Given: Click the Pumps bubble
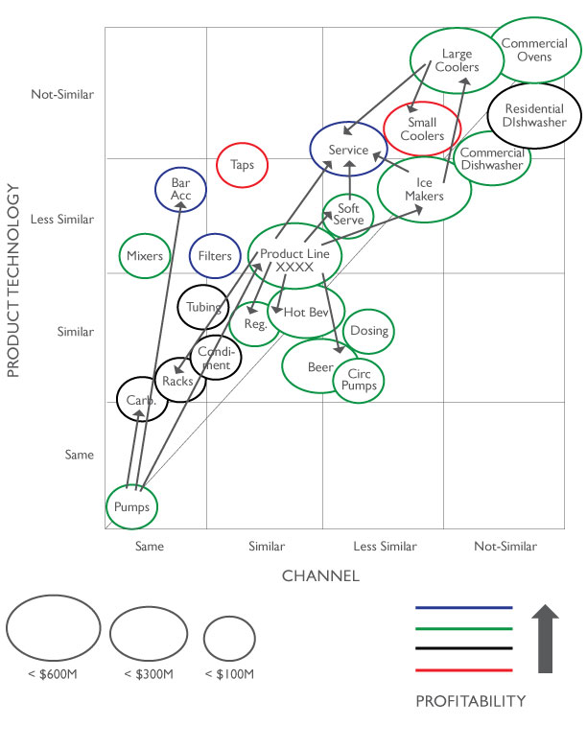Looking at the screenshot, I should pyautogui.click(x=131, y=506).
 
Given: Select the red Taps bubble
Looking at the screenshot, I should pyautogui.click(x=242, y=165).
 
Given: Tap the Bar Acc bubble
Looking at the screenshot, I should pyautogui.click(x=181, y=189).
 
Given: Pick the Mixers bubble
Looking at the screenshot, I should pyautogui.click(x=145, y=256).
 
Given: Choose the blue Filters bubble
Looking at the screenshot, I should pyautogui.click(x=215, y=256).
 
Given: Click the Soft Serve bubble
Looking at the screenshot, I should pyautogui.click(x=348, y=214).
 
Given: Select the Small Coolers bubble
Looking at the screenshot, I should pyautogui.click(x=422, y=129).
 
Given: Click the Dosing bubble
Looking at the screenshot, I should pyautogui.click(x=369, y=331).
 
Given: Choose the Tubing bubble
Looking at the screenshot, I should pyautogui.click(x=203, y=308).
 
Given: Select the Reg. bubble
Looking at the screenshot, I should pyautogui.click(x=254, y=324).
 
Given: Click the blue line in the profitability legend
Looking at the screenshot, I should pyautogui.click(x=464, y=608).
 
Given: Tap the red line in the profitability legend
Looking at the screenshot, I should pyautogui.click(x=464, y=670).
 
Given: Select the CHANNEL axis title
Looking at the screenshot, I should pyautogui.click(x=320, y=575).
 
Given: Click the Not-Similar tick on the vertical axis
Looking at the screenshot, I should pyautogui.click(x=62, y=94).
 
